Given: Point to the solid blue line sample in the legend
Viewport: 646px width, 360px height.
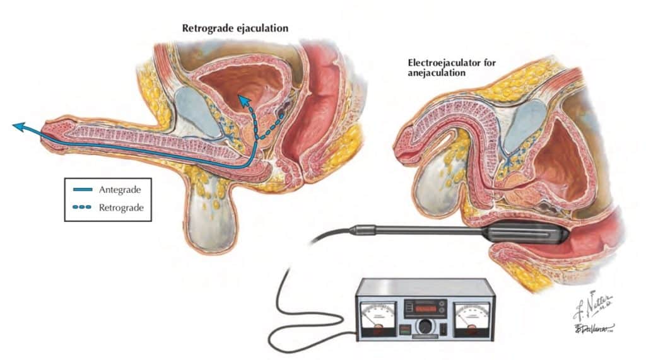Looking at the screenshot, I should [82, 189].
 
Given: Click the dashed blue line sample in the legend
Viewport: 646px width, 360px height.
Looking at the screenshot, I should [82, 206].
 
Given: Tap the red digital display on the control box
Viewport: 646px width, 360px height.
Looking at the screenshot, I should [425, 306].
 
